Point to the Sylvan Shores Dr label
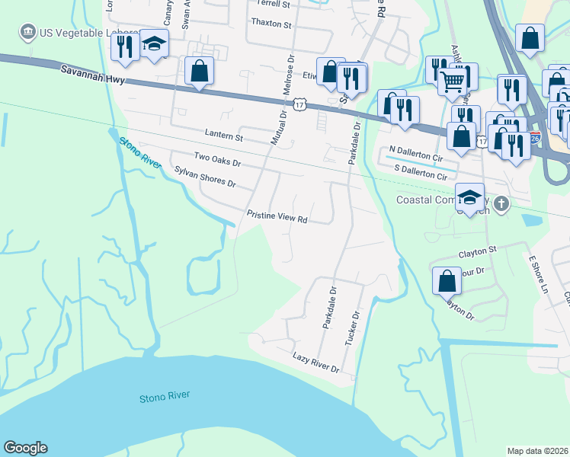[x=205, y=178]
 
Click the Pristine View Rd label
[x=277, y=217]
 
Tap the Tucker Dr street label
[x=351, y=328]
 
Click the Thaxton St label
[x=271, y=24]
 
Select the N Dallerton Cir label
[x=415, y=149]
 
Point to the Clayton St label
[x=477, y=249]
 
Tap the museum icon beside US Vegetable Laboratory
[x=28, y=32]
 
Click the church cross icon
[x=501, y=203]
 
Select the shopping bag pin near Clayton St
[x=447, y=281]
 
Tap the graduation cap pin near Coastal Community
[x=469, y=197]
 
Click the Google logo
[x=25, y=448]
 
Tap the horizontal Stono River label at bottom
[x=165, y=397]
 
